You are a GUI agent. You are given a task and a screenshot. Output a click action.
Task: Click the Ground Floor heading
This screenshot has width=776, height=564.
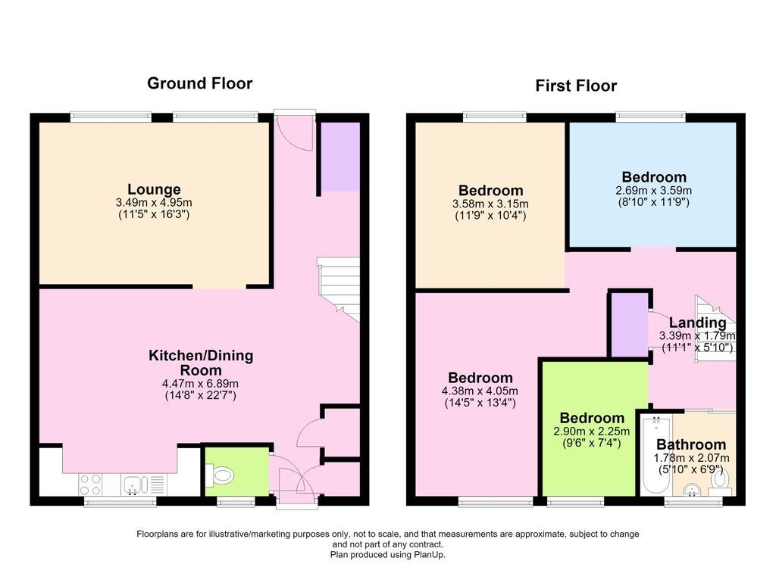(200, 83)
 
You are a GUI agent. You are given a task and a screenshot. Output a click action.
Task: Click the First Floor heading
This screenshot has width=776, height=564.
(576, 86)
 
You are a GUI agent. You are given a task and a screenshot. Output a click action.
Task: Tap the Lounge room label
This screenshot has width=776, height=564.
(154, 189)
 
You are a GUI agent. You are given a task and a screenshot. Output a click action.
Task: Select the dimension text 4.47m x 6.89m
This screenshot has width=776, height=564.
(200, 384)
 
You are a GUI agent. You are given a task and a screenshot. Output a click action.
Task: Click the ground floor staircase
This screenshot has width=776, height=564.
(339, 289)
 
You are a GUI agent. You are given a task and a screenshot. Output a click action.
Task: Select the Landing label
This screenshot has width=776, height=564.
(698, 323)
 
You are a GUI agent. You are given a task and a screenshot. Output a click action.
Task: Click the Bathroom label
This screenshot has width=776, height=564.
(691, 444)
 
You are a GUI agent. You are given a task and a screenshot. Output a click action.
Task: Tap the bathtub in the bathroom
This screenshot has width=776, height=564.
(656, 455)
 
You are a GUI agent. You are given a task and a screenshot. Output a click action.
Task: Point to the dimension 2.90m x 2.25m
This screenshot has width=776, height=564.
(591, 432)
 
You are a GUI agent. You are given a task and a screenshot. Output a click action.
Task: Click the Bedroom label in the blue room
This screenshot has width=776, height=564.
(654, 177)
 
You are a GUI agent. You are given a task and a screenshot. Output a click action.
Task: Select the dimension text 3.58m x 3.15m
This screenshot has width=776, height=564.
(490, 204)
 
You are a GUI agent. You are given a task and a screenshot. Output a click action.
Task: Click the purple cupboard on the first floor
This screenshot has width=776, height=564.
(629, 324)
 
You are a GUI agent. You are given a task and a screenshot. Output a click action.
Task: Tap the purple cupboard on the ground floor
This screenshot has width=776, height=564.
(340, 157)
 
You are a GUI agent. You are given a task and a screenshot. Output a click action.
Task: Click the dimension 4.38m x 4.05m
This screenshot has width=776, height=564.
(480, 391)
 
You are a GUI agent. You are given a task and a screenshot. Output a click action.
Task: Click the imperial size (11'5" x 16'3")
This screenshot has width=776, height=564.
(154, 214)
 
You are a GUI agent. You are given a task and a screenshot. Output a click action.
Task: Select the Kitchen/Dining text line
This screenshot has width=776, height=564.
(201, 355)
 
